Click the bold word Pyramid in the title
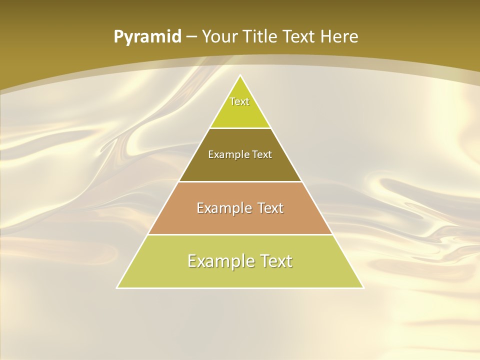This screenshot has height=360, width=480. click(147, 37)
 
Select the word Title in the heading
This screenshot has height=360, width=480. click(262, 36)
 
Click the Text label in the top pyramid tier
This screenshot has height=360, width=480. click(239, 101)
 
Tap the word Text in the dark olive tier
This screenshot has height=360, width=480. click(262, 154)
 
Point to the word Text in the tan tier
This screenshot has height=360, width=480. click(270, 208)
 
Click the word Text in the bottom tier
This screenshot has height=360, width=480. click(274, 261)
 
